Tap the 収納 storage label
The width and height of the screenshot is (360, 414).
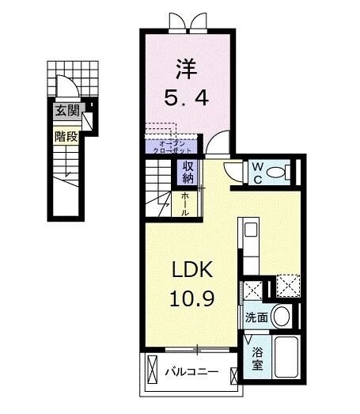pyautogui.click(x=188, y=171)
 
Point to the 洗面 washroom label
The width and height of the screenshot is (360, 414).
pyautogui.click(x=255, y=317)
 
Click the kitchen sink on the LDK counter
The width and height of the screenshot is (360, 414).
pyautogui.click(x=250, y=230)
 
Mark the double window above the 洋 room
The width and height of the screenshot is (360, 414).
pyautogui.click(x=187, y=20)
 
